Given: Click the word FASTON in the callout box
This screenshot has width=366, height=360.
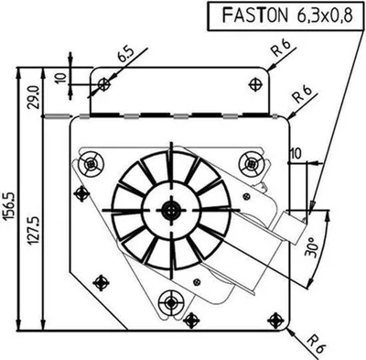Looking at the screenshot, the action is [x=254, y=16].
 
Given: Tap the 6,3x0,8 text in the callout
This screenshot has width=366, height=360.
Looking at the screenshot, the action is [x=324, y=16].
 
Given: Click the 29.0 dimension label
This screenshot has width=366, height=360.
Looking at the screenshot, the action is [x=34, y=97].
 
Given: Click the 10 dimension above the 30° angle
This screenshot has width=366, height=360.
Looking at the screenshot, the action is [x=296, y=154].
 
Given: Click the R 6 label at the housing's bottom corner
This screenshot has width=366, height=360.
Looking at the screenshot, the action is [x=317, y=344].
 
